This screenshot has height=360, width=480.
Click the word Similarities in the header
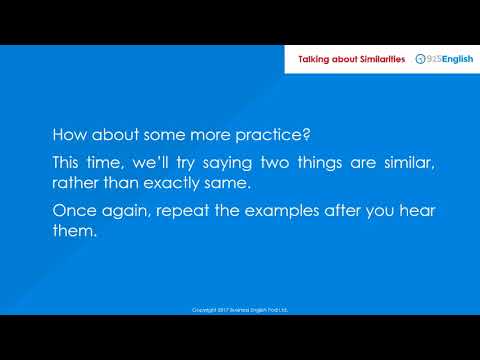tap(375, 60)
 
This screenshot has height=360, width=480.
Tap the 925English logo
tap(443, 60)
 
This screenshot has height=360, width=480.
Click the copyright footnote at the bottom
tap(240, 310)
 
